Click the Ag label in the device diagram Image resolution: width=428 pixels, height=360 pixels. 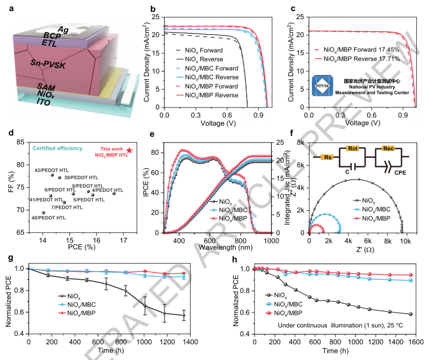[x=63, y=29]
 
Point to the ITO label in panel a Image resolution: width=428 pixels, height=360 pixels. [x=44, y=102]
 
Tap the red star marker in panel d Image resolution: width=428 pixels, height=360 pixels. [x=129, y=151]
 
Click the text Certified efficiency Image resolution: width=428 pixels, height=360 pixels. [x=58, y=148]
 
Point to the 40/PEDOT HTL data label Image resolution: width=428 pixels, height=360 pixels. [x=49, y=218]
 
